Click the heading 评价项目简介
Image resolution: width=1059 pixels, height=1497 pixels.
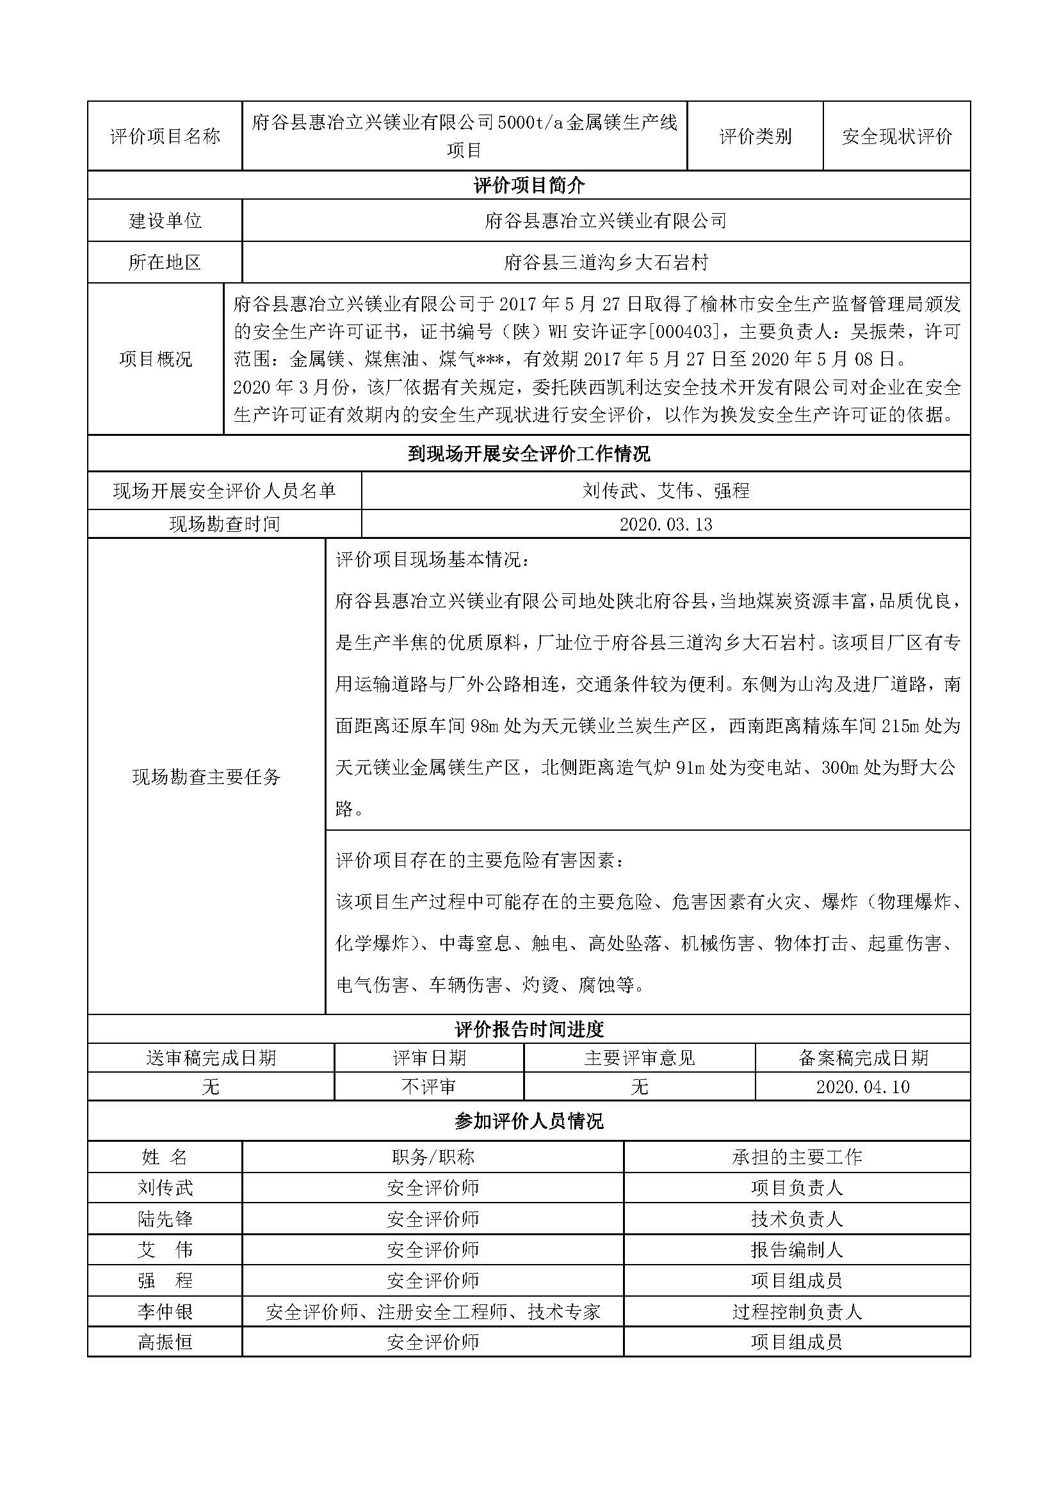529,186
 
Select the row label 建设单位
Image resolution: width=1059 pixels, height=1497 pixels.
165,221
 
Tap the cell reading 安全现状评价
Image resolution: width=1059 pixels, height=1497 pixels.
896,136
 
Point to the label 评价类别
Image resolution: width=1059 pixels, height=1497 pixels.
755,136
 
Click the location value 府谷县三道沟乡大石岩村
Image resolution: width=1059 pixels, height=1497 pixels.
606,263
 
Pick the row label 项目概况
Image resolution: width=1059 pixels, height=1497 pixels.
156,359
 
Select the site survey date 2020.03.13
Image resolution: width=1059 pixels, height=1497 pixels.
666,524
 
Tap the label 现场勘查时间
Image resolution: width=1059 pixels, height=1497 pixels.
224,524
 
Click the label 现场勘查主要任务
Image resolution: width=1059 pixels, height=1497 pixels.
206,776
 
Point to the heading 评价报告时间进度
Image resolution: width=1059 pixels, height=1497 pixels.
529,1030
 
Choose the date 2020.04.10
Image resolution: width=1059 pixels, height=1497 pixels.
862,1087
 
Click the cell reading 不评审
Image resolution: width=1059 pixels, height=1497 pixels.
428,1087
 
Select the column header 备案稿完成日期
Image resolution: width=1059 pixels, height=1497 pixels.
862,1057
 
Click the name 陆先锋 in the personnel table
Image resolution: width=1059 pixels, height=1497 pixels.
165,1219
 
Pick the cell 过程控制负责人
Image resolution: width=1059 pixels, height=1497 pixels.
797,1312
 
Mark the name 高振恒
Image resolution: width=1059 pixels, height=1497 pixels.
165,1343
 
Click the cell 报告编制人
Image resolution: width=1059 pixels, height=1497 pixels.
797,1250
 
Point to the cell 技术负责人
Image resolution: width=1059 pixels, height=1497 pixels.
797,1219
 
